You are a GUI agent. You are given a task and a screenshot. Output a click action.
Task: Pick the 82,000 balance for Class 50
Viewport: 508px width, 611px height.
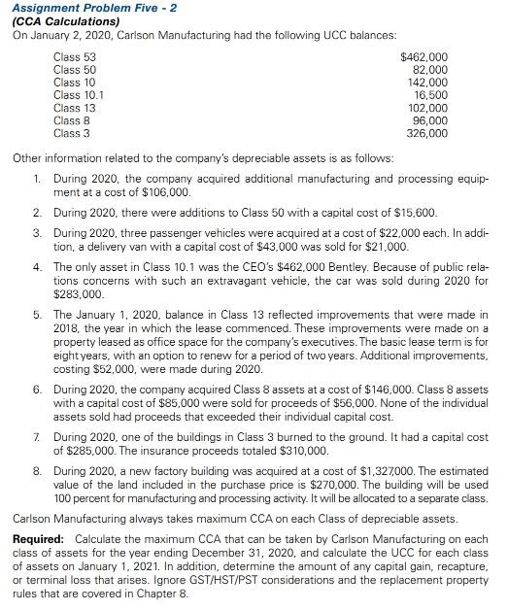430,70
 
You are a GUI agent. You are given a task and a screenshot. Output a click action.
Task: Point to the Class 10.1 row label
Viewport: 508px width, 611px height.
79,95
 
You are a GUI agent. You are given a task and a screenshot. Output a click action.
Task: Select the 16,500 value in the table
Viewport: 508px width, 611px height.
430,95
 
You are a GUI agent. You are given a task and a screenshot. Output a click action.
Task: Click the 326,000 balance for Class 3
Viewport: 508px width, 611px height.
427,133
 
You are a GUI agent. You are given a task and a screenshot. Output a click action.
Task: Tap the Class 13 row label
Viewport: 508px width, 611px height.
75,108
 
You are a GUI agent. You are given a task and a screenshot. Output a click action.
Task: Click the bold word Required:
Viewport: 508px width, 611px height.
40,539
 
